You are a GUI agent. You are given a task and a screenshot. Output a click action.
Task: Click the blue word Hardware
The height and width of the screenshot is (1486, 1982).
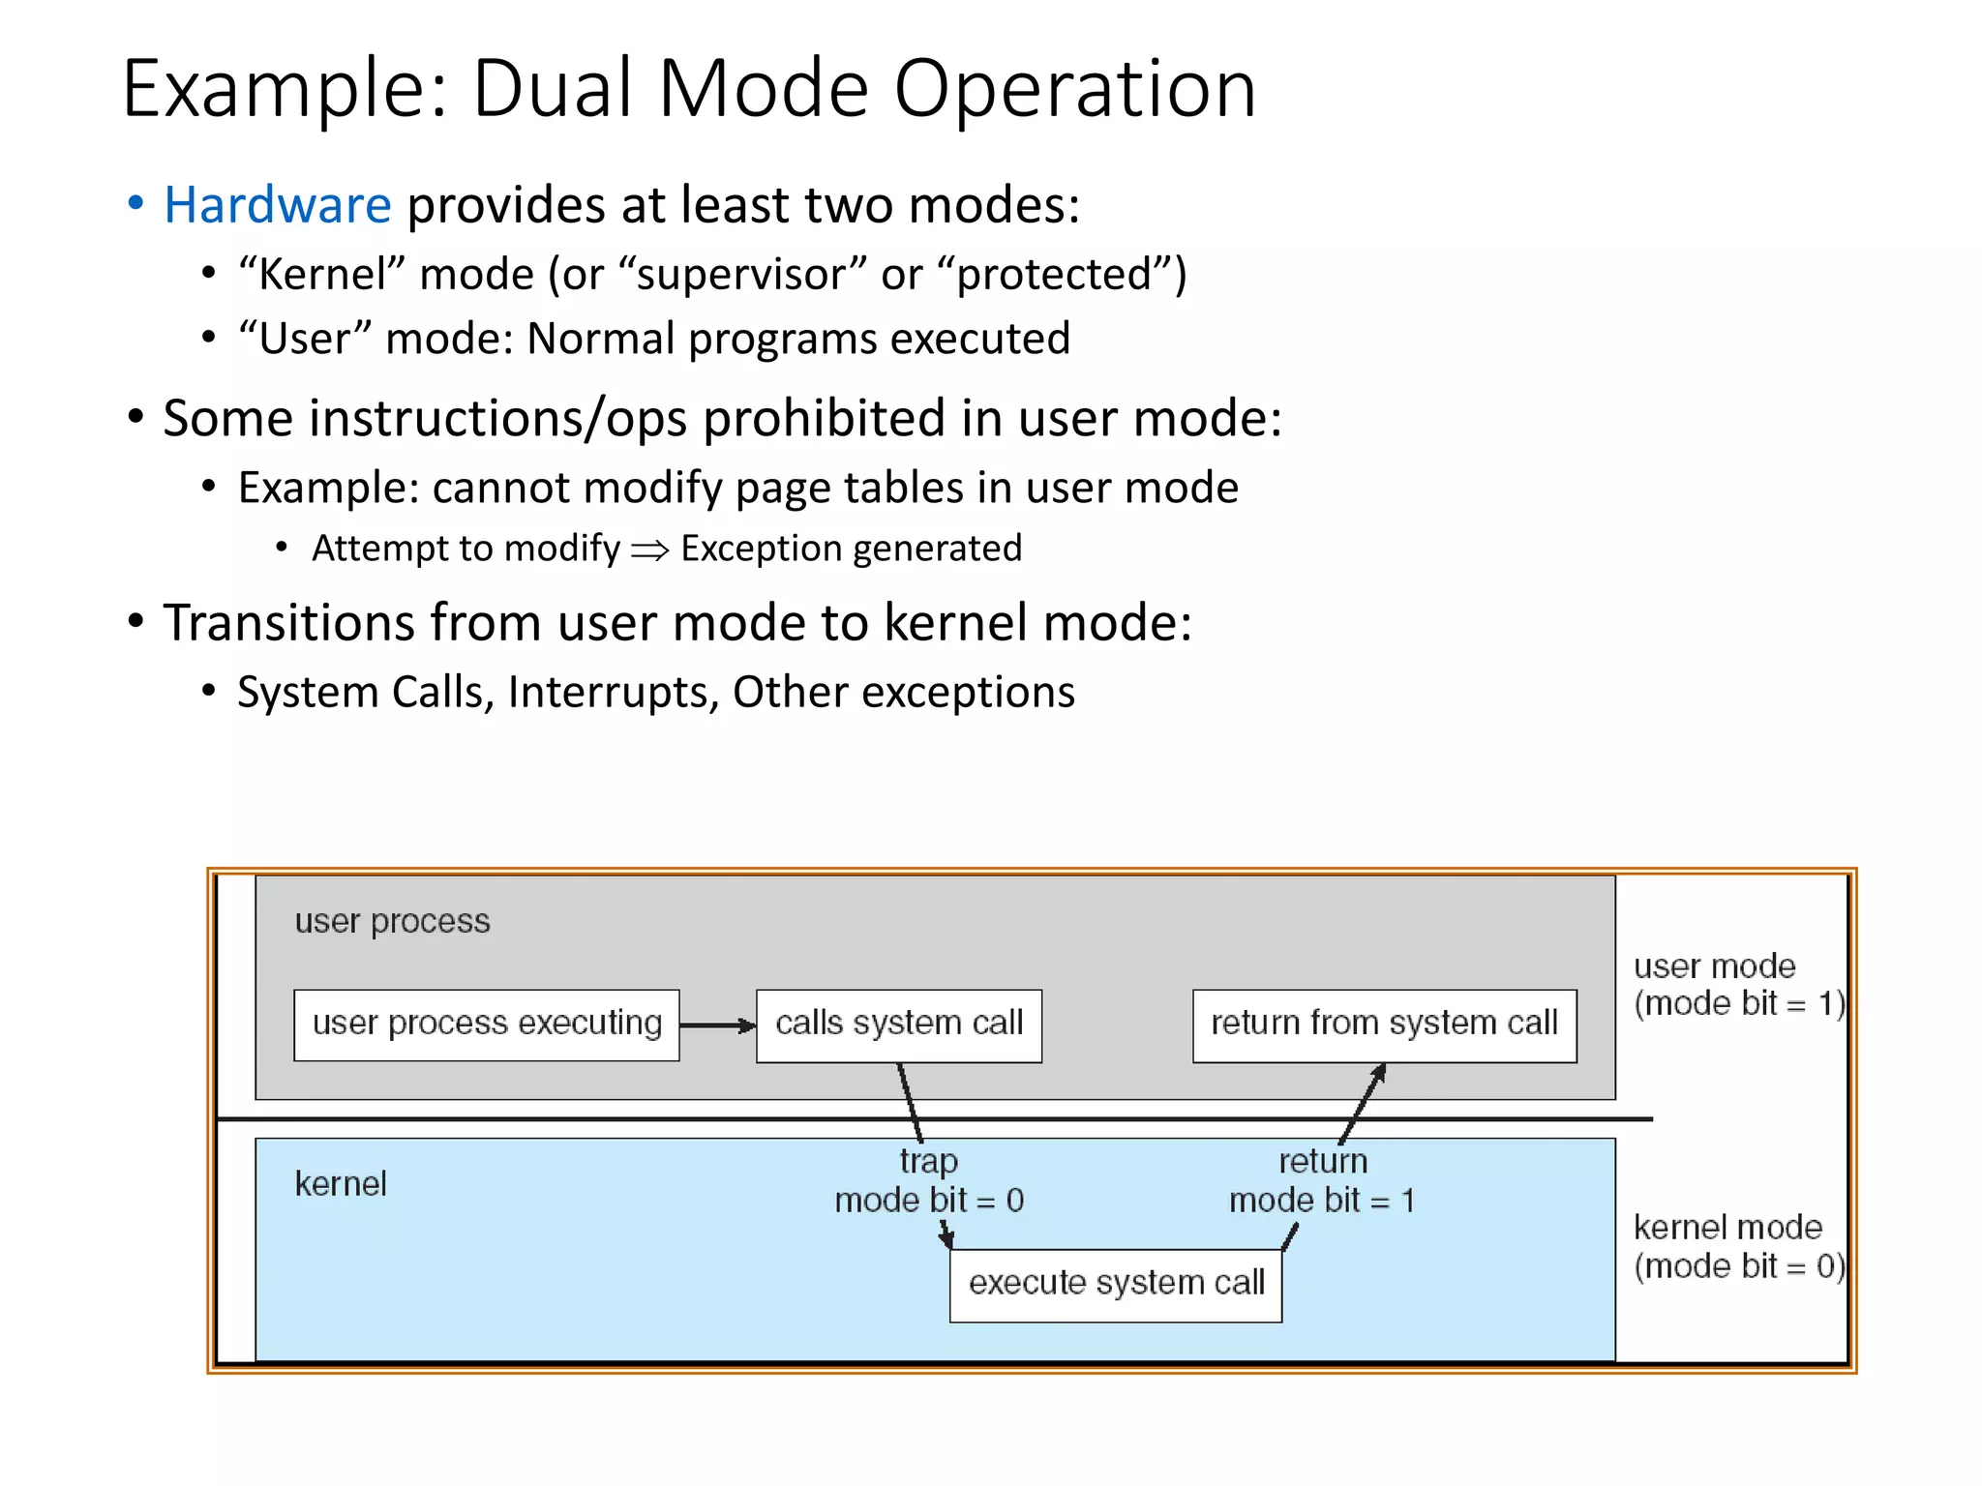tap(277, 205)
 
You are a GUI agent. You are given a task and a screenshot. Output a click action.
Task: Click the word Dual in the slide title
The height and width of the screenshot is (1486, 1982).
tap(553, 89)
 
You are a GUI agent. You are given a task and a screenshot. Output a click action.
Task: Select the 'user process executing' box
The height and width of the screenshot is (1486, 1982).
tap(486, 1024)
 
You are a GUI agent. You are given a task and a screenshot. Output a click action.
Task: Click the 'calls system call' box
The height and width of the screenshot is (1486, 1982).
tap(898, 1024)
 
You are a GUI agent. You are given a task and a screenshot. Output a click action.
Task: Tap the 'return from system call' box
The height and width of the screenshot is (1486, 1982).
tap(1384, 1024)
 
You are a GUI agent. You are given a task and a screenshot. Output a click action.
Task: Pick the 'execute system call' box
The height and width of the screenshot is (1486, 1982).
tap(1116, 1284)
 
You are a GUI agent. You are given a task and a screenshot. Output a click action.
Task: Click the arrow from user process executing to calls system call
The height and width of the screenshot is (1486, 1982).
tap(717, 1025)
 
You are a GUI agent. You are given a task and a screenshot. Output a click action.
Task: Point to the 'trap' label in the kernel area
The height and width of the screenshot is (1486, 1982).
tap(928, 1161)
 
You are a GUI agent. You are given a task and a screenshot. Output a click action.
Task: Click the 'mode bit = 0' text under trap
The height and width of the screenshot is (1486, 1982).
tap(929, 1201)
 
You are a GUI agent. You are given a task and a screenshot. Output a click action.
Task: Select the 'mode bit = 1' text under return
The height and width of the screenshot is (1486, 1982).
tap(1322, 1201)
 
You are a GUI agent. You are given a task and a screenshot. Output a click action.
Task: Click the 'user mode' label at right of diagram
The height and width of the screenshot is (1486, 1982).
tap(1714, 966)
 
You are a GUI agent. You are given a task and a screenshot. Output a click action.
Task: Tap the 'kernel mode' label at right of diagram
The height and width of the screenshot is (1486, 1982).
tap(1727, 1228)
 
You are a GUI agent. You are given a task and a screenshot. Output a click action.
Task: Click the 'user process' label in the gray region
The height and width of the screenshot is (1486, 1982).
tap(392, 921)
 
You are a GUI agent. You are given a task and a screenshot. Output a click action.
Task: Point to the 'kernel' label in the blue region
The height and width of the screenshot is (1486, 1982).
tap(341, 1184)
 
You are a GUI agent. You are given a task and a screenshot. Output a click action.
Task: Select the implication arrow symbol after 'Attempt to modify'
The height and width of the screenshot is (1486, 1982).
tap(650, 550)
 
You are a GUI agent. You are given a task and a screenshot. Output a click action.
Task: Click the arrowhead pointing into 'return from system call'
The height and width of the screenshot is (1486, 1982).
tap(1380, 1073)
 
